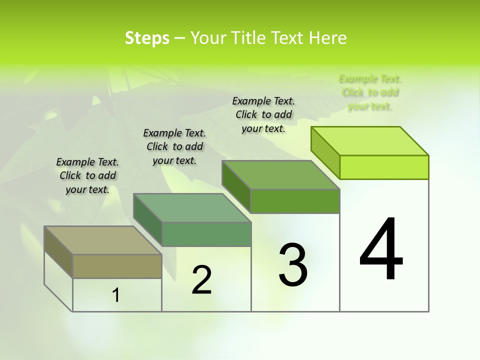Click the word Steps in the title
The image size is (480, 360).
[x=147, y=38]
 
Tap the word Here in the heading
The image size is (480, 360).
[x=327, y=38]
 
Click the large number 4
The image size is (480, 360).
[x=381, y=249]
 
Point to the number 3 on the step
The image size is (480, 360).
[x=293, y=265]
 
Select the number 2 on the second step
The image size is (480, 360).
[x=201, y=280]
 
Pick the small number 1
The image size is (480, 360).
[x=116, y=295]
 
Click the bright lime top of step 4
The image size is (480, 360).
[x=370, y=140]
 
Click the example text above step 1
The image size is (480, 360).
[x=87, y=175]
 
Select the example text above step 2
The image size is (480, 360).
[x=174, y=146]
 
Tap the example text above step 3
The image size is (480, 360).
[x=263, y=114]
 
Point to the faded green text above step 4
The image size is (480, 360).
[x=370, y=92]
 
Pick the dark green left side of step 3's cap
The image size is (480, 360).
[x=236, y=185]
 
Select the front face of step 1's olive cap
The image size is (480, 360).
[x=117, y=266]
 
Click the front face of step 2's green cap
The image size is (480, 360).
[x=206, y=234]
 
